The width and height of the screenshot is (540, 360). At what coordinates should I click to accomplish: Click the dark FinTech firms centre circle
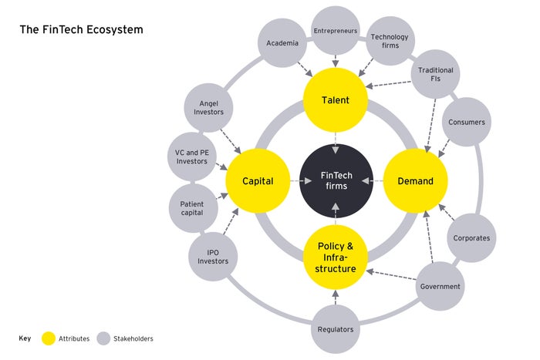click(x=335, y=181)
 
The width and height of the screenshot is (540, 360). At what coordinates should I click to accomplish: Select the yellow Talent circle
click(x=335, y=100)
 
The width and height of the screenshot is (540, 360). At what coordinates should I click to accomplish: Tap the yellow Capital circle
click(x=258, y=181)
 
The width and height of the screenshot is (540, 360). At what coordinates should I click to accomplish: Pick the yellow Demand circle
click(x=415, y=181)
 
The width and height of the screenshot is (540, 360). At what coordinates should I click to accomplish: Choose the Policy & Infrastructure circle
click(x=336, y=257)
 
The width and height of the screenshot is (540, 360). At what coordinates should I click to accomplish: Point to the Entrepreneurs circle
click(x=335, y=31)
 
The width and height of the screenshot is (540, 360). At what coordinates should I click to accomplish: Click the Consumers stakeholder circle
click(x=466, y=122)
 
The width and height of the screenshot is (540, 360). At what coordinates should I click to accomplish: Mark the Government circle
click(x=440, y=287)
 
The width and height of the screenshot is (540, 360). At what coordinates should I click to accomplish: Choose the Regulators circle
click(x=336, y=329)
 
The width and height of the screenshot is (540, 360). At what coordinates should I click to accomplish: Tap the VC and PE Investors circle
click(x=191, y=157)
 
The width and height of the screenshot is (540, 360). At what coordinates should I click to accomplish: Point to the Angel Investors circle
click(x=206, y=107)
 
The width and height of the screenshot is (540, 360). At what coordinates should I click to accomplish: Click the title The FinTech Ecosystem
click(x=82, y=29)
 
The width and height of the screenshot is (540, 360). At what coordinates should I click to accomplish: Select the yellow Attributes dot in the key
click(x=49, y=338)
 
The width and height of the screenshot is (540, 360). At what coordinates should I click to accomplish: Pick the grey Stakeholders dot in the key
click(x=103, y=338)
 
